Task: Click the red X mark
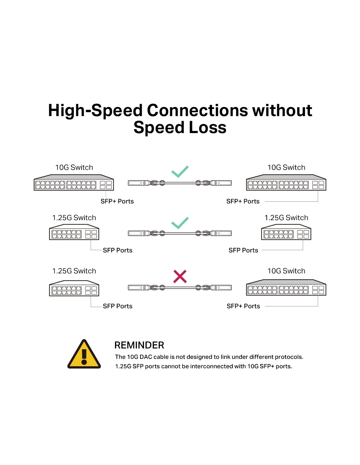180,277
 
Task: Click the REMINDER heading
139,345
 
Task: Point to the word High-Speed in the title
95,111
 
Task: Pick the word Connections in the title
197,111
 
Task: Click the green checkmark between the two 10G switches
180,171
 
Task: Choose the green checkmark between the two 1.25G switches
180,223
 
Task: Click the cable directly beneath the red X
180,288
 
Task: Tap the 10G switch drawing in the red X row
286,288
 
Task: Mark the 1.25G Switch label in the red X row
74,271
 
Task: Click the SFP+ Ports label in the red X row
243,306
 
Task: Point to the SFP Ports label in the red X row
117,306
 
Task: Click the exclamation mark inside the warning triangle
84,356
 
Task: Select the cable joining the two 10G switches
180,183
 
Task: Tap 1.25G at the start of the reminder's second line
123,367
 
